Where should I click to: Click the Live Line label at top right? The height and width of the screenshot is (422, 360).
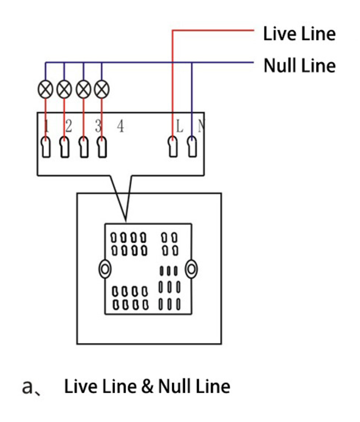coord(299,33)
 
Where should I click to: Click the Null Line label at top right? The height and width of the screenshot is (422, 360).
coord(299,65)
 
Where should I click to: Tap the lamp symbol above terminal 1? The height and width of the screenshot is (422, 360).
coord(46,89)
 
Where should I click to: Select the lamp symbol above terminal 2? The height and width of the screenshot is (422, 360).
coord(64,89)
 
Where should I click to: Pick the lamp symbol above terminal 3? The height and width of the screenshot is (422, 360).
coord(84,89)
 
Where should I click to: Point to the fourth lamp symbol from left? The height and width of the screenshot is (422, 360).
coord(102,89)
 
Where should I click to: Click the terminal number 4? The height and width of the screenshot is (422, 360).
coord(120,126)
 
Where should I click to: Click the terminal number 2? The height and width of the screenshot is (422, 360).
coord(69,126)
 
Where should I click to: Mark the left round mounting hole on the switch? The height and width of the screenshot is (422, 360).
coord(105,269)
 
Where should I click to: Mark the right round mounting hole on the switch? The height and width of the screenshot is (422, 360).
coord(191,269)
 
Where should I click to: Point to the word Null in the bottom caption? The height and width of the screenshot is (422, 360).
coord(174,387)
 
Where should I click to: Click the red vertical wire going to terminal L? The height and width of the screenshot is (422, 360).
coord(173,83)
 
